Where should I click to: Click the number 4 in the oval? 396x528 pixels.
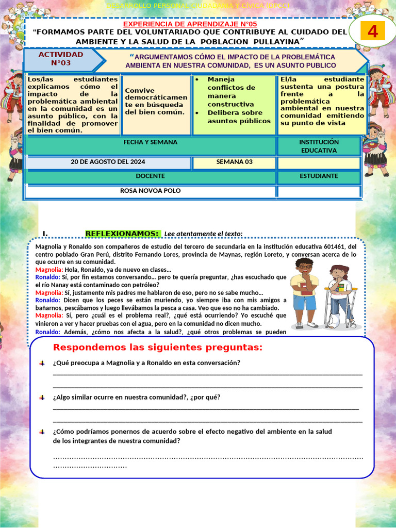click(372, 32)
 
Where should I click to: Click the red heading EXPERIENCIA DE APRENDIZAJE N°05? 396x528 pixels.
click(189, 24)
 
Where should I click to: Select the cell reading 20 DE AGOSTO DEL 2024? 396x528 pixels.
click(108, 162)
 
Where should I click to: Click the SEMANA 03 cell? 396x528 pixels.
click(234, 162)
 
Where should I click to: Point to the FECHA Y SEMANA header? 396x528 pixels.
click(150, 142)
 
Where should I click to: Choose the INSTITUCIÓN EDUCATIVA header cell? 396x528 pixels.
click(319, 146)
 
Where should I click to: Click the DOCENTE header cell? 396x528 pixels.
click(150, 176)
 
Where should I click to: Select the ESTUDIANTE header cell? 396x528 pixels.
click(319, 176)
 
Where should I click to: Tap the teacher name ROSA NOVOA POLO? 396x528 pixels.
click(150, 191)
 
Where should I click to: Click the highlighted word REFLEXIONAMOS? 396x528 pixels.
click(122, 234)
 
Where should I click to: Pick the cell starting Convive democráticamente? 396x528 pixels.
click(156, 101)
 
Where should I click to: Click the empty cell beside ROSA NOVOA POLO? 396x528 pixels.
click(319, 191)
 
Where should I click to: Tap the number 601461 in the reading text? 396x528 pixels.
click(336, 247)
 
